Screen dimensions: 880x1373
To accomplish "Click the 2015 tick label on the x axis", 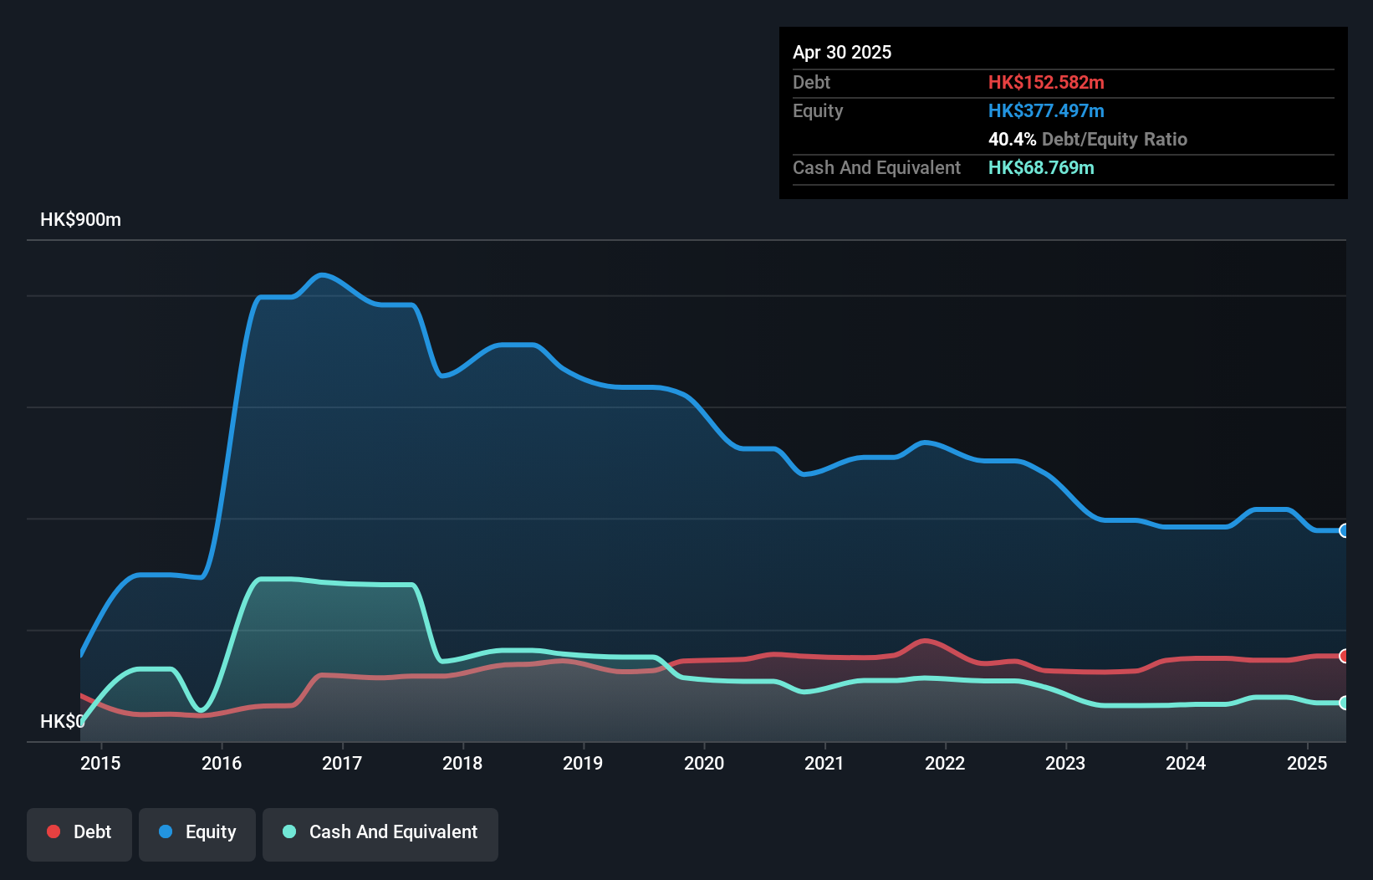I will click(100, 763).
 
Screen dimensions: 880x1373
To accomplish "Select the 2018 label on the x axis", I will click(462, 763).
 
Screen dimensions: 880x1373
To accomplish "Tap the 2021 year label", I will click(824, 763).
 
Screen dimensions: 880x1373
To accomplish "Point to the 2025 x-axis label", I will click(1307, 763).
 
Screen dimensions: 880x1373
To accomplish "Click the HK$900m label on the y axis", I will click(80, 220).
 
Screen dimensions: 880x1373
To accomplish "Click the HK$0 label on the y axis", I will click(61, 721).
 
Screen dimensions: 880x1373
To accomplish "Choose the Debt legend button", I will click(79, 832).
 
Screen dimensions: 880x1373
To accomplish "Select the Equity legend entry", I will click(197, 832).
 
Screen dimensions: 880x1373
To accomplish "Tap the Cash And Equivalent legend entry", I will click(380, 832).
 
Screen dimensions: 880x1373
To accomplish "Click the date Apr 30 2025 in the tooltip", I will click(842, 52).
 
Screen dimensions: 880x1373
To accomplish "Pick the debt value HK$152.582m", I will click(1046, 82).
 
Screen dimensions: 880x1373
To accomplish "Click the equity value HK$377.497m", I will click(1046, 110).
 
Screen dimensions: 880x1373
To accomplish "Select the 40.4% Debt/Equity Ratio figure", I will click(1087, 139).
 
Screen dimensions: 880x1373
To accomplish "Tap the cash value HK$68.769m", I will click(1041, 167).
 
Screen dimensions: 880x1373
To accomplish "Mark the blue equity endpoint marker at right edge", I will click(1344, 530).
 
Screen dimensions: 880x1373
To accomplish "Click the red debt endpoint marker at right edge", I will click(1344, 656).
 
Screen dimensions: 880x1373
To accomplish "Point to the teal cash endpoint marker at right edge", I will click(1344, 703).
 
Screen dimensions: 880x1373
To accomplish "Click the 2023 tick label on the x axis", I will click(1065, 763).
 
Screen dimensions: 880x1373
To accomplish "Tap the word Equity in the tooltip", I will click(818, 110).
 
